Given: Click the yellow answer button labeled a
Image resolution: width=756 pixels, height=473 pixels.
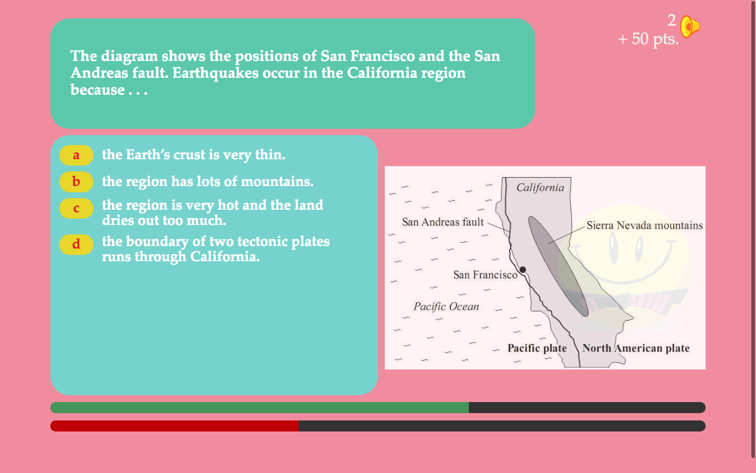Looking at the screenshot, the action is [76, 155].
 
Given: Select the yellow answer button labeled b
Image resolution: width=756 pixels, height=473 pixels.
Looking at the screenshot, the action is [76, 182].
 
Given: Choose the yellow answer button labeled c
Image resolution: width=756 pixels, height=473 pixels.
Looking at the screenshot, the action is [76, 208].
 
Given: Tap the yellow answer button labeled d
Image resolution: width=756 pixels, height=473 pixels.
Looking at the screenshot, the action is [76, 244].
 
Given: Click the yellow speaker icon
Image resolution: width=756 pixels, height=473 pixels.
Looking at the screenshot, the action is [690, 26].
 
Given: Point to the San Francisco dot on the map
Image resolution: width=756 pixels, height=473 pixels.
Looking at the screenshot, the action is [523, 270].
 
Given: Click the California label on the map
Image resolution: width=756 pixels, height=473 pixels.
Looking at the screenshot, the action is [540, 188].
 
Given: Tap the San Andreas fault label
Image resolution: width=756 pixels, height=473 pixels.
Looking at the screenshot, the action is [443, 222].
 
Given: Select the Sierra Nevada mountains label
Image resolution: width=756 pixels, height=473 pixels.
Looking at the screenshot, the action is [645, 225].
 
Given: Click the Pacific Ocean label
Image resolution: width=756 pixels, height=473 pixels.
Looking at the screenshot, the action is [446, 306].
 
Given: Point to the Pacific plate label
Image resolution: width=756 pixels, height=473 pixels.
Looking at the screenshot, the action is [537, 348].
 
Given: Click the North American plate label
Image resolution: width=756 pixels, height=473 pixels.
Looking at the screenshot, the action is [636, 348].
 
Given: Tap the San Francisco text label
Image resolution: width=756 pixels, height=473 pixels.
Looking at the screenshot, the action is [485, 275].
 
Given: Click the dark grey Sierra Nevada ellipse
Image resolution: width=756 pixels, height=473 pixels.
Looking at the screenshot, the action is [558, 266].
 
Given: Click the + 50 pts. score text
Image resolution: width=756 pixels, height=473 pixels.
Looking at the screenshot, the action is [648, 39].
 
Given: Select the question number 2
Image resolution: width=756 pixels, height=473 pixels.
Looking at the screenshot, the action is [671, 20].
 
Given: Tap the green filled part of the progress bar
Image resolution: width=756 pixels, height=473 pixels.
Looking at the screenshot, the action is [259, 407].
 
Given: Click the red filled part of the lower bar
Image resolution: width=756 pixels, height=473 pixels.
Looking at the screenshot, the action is [174, 426].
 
